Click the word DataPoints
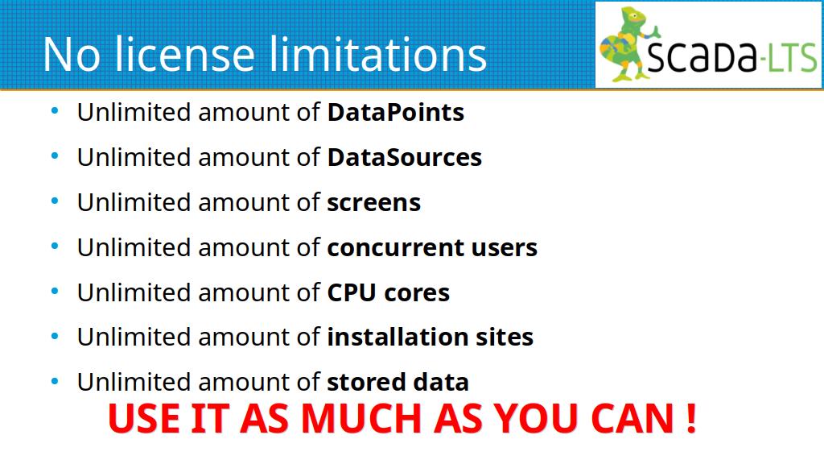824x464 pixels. click(396, 112)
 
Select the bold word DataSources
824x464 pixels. click(405, 157)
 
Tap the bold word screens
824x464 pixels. click(374, 203)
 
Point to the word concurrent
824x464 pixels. click(395, 248)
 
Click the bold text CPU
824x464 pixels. click(352, 292)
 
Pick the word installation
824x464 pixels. click(398, 337)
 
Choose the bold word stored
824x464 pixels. click(366, 382)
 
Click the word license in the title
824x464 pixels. click(184, 54)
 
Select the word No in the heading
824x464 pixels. click(72, 55)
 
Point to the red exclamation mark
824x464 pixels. click(691, 419)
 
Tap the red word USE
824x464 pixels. click(144, 419)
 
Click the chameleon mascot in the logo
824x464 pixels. click(628, 44)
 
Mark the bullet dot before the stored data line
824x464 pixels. click(55, 381)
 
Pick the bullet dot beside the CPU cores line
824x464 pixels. click(55, 291)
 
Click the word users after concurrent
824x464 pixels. click(504, 248)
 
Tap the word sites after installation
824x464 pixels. click(505, 337)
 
